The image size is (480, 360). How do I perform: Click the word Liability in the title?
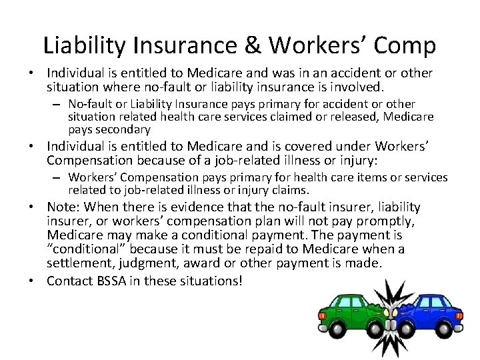tap(85, 45)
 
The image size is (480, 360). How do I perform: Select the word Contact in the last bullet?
tap(70, 281)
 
